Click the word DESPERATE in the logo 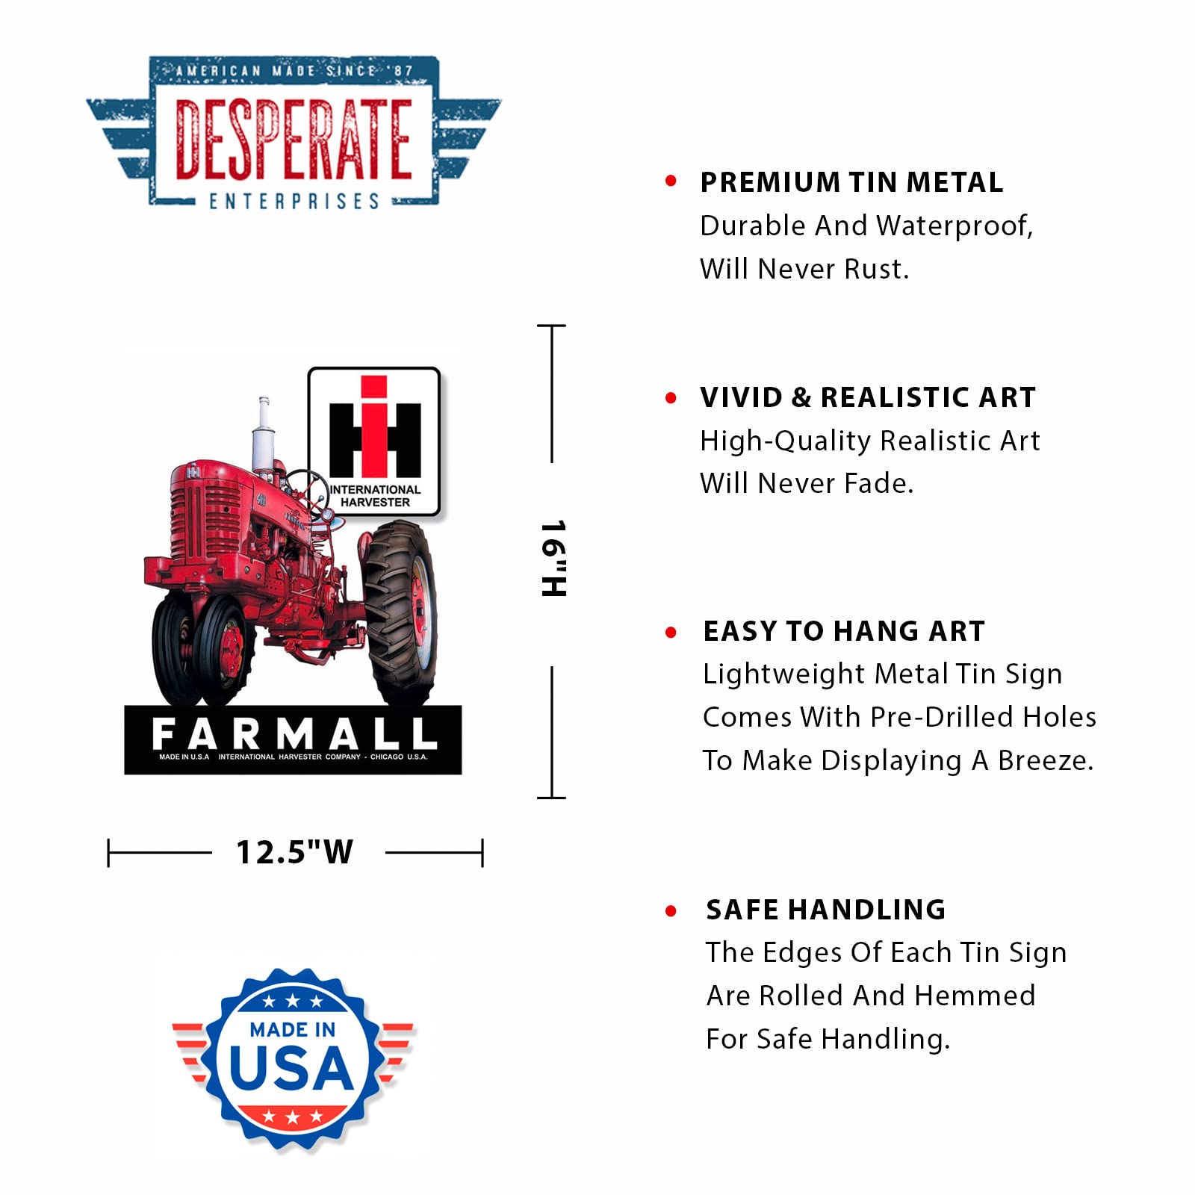pyautogui.click(x=294, y=140)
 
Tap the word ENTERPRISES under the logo pyautogui.click(x=294, y=201)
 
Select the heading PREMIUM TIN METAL pyautogui.click(x=851, y=183)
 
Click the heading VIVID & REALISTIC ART pyautogui.click(x=868, y=398)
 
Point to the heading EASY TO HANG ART pyautogui.click(x=844, y=632)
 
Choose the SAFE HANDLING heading pyautogui.click(x=826, y=910)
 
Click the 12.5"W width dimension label pyautogui.click(x=294, y=852)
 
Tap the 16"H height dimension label pyautogui.click(x=553, y=559)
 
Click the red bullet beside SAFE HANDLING pyautogui.click(x=671, y=911)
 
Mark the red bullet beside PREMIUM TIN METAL pyautogui.click(x=671, y=181)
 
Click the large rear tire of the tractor pyautogui.click(x=400, y=614)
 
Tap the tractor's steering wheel pyautogui.click(x=306, y=493)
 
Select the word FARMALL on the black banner pyautogui.click(x=294, y=733)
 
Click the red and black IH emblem pyautogui.click(x=374, y=427)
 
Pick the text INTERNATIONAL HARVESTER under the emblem pyautogui.click(x=375, y=496)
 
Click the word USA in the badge pyautogui.click(x=291, y=1068)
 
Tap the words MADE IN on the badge pyautogui.click(x=293, y=1030)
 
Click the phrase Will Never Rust pyautogui.click(x=804, y=269)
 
